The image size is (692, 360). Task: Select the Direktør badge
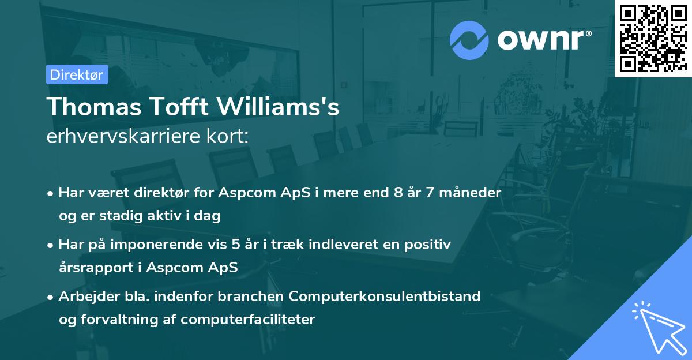pos(77,75)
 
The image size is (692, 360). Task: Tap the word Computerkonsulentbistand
pos(385,297)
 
